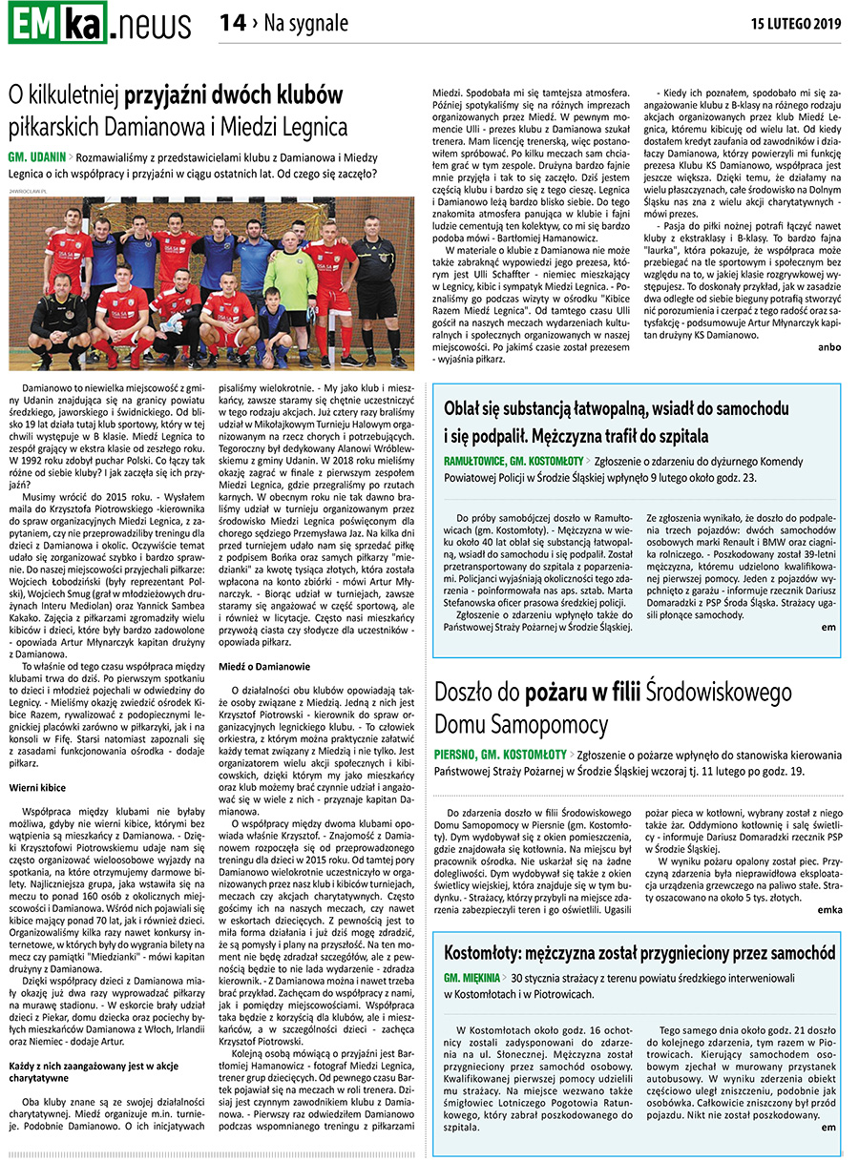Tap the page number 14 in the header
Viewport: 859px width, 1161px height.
coord(233,23)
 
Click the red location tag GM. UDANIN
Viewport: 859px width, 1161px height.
coord(37,155)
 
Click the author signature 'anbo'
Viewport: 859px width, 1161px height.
coord(830,347)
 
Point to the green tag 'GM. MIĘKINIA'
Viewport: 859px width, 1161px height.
coord(472,978)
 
